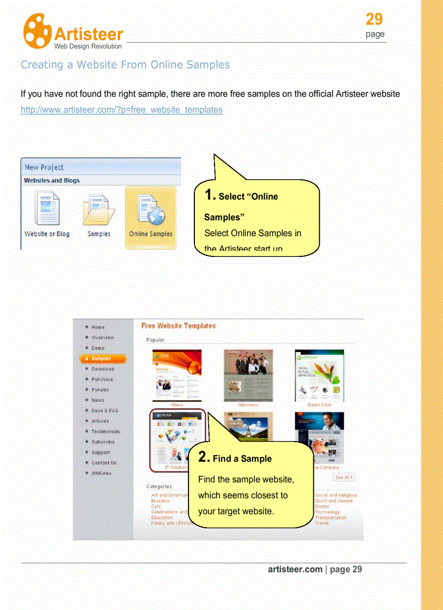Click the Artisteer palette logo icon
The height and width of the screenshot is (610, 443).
[37, 31]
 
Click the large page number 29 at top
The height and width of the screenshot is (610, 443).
[374, 20]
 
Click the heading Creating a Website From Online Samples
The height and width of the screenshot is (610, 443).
[125, 65]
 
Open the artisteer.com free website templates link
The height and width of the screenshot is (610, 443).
[122, 110]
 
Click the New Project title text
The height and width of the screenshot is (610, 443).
[44, 167]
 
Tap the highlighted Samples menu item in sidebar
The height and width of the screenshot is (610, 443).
[102, 359]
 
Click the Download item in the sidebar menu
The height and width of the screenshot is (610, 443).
[103, 369]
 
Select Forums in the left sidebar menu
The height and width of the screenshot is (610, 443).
[100, 389]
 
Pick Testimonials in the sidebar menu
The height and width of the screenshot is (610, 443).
[105, 431]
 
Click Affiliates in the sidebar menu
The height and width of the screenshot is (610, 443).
[101, 473]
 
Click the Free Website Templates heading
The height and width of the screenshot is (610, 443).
[178, 326]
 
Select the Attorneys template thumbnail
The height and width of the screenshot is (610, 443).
[248, 375]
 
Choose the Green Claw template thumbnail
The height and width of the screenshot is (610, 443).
[319, 375]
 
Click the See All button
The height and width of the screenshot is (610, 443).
[344, 477]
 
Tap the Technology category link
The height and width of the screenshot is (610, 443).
[327, 512]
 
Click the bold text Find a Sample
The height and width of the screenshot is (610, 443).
[242, 459]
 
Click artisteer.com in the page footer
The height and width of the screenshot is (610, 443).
[295, 569]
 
